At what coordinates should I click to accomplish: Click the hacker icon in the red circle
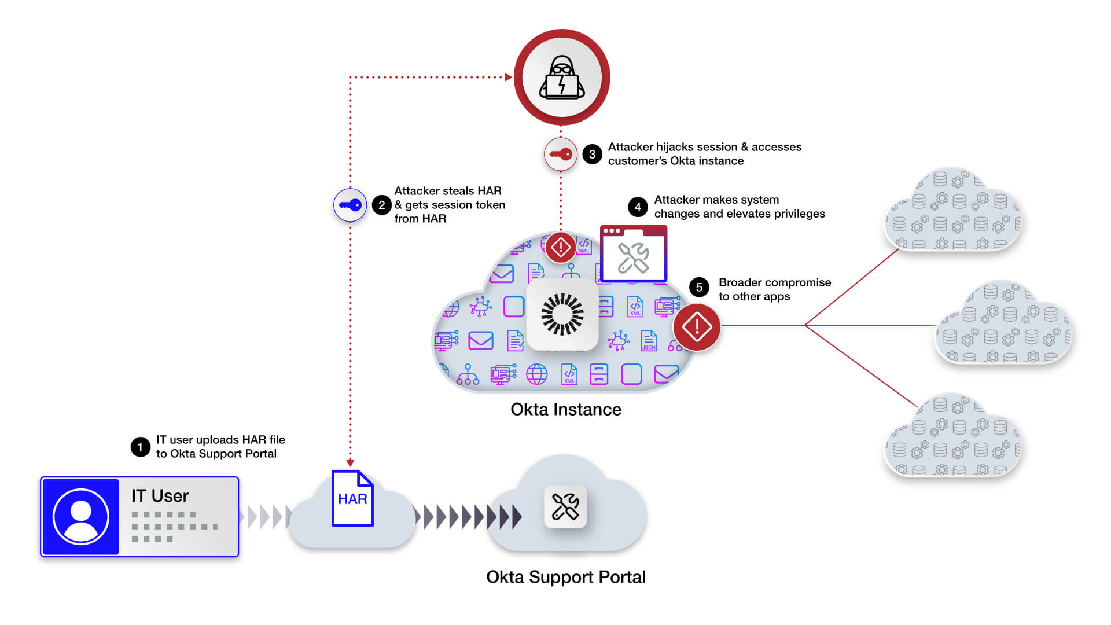(x=561, y=78)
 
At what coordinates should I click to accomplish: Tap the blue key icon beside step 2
(x=350, y=205)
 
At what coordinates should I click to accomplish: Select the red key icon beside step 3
(x=560, y=154)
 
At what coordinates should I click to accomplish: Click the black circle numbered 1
(x=140, y=447)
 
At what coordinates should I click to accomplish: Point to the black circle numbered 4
(x=637, y=207)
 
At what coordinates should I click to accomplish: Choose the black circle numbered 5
(x=699, y=287)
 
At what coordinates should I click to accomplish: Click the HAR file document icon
(x=352, y=498)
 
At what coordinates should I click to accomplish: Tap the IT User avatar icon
(x=81, y=516)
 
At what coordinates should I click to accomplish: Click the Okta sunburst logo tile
(x=562, y=314)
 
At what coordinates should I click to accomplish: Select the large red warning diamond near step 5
(x=697, y=327)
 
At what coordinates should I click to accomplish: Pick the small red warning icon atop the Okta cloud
(x=560, y=247)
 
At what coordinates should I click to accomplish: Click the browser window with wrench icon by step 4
(x=633, y=254)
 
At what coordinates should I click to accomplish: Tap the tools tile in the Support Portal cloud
(x=565, y=506)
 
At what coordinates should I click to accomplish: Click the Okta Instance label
(x=565, y=409)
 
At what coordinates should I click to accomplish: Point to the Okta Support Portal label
(x=565, y=577)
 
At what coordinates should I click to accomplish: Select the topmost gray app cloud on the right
(x=953, y=211)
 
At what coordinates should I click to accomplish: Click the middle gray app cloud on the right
(x=1003, y=324)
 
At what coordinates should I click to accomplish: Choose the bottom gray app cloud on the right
(x=953, y=437)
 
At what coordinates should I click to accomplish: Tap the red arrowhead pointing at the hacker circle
(x=508, y=77)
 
